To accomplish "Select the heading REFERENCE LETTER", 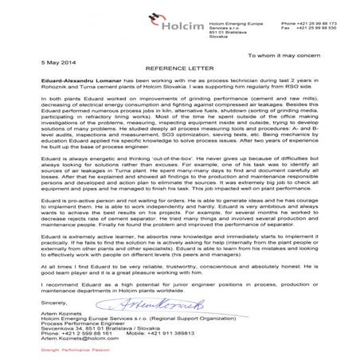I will pyautogui.click(x=179, y=68).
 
